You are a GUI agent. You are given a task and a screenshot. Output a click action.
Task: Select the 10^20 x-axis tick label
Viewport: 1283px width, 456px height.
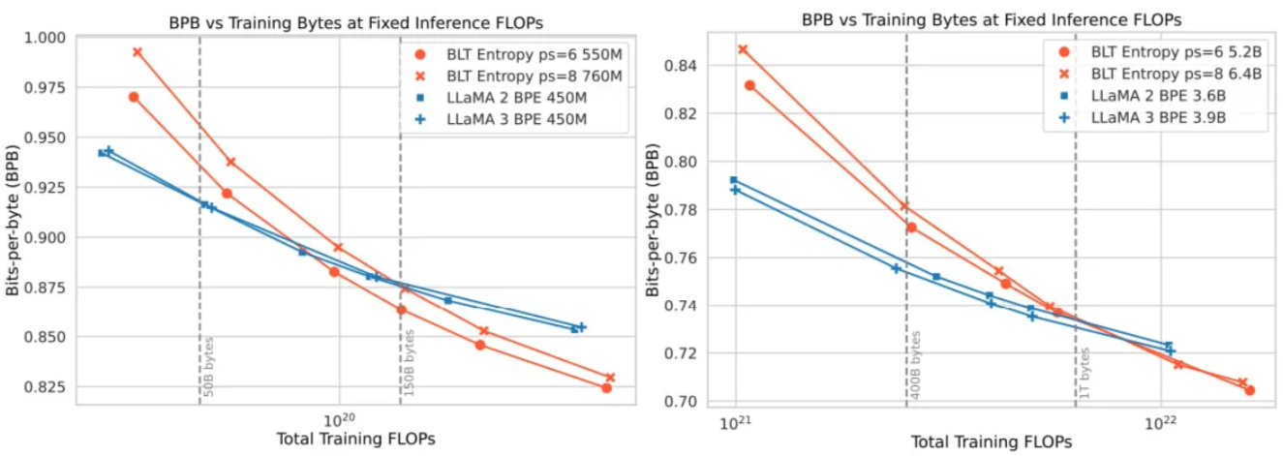[339, 422]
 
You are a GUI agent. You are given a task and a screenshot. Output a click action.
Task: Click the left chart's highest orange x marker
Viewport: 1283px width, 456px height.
[137, 52]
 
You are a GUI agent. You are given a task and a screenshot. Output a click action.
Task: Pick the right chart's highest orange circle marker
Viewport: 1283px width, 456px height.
[749, 85]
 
